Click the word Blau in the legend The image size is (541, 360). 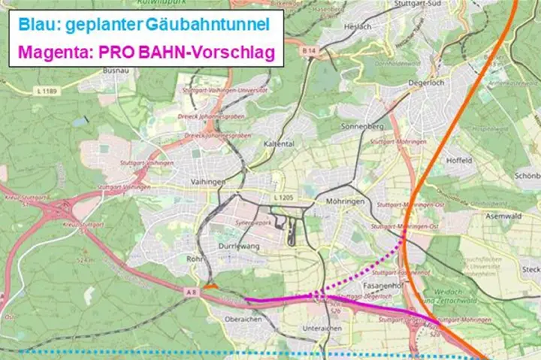click(37, 26)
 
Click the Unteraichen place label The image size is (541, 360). click(322, 328)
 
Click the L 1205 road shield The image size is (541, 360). click(283, 197)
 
